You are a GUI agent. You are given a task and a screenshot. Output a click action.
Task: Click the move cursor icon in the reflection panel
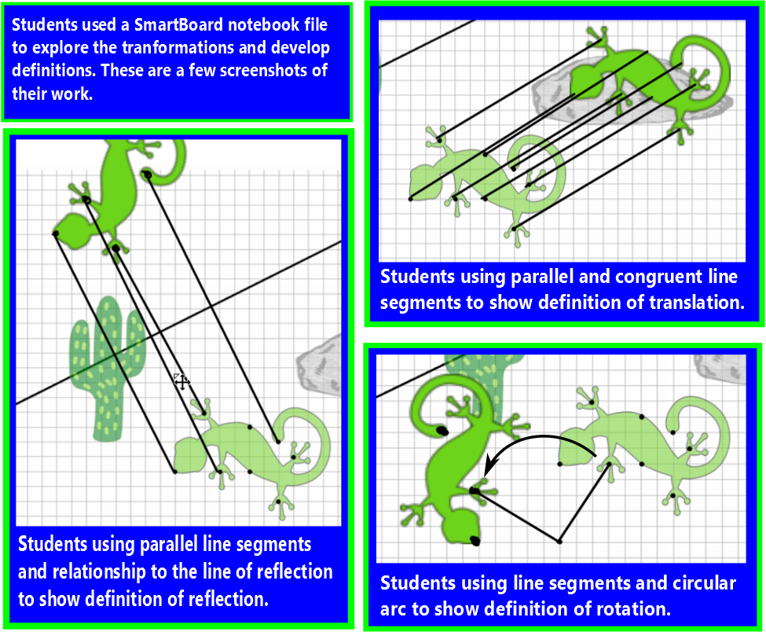click(181, 382)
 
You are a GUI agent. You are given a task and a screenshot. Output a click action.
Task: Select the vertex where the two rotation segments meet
click(559, 541)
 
